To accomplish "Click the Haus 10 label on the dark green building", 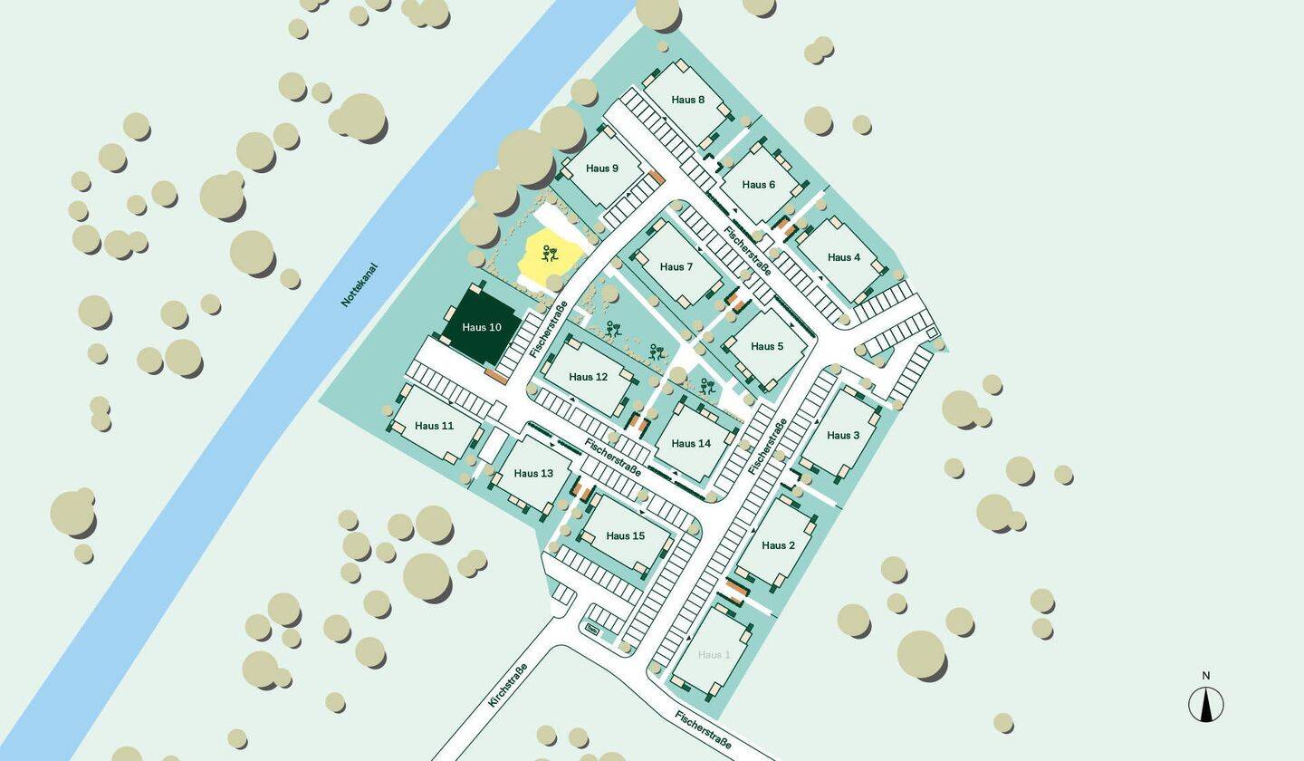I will [x=481, y=328].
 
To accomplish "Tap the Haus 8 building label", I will [x=688, y=100].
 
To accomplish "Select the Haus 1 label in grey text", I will [x=714, y=655].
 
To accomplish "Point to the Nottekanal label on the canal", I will [x=359, y=285].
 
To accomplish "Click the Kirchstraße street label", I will [x=507, y=685].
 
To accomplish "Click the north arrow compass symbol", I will [x=1205, y=705].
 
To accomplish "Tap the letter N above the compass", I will [x=1205, y=676].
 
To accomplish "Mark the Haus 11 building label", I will [x=434, y=426].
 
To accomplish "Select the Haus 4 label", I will [x=844, y=257].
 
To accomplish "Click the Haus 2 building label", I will [x=778, y=545].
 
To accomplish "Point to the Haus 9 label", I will [x=602, y=169].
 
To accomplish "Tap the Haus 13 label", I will [x=533, y=474].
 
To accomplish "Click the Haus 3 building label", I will [x=843, y=436].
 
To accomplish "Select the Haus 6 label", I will [x=759, y=185].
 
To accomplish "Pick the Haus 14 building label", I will [x=691, y=444].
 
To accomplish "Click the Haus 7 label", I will [x=676, y=267].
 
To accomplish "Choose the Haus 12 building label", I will [x=589, y=377].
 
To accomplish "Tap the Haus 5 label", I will [x=767, y=347].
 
